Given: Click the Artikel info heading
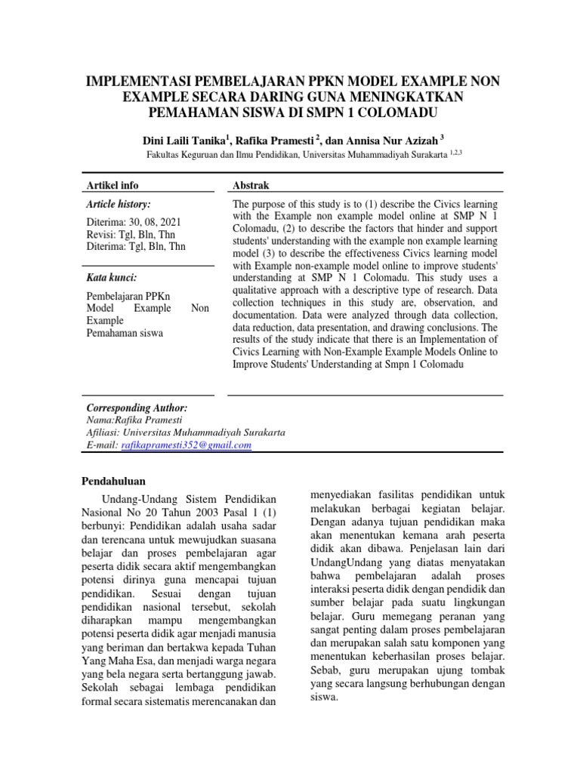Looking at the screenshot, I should (113, 186).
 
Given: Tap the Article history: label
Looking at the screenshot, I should (119, 204).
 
